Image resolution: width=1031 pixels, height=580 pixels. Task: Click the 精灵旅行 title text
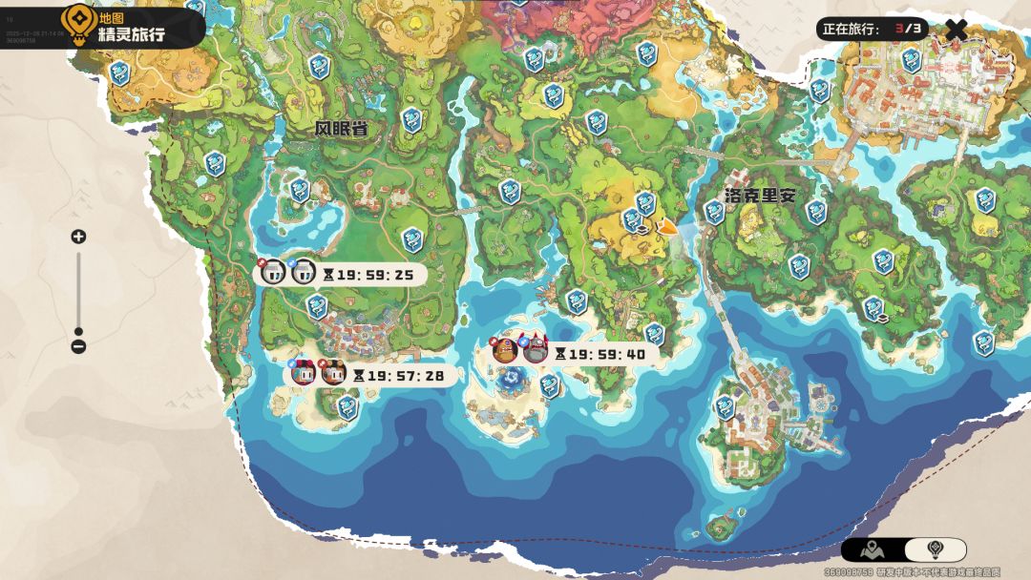132,34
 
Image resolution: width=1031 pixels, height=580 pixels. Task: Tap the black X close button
956,29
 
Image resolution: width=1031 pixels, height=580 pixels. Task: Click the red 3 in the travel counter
899,29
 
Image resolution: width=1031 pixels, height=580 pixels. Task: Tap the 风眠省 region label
341,129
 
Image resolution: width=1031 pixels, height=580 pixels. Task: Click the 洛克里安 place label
760,196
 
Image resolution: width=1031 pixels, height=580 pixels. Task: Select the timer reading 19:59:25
375,275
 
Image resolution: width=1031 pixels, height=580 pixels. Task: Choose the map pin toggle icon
873,549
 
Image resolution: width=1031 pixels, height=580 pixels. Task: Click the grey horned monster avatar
537,351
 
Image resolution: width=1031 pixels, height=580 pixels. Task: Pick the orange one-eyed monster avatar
505,351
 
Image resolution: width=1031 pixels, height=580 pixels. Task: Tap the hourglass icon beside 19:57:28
358,376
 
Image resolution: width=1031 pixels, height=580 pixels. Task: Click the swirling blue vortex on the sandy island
506,382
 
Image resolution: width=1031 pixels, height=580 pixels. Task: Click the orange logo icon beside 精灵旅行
76,21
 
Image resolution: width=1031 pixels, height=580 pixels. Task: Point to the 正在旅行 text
852,29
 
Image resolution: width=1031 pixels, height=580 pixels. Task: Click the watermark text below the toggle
912,572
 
